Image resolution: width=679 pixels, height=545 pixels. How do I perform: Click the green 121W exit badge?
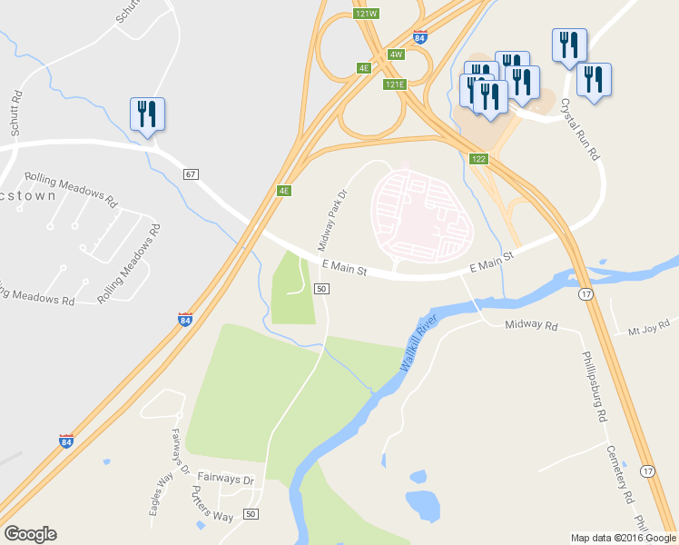(366, 14)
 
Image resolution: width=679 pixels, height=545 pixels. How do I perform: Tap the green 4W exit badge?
(395, 54)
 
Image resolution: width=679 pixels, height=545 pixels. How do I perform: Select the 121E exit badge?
(394, 84)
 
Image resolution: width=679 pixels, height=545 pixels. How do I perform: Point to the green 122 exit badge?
(479, 159)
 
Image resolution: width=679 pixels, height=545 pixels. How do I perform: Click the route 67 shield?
(190, 173)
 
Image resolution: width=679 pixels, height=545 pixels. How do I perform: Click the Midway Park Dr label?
(333, 220)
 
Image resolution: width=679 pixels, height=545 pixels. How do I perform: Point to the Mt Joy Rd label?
(648, 324)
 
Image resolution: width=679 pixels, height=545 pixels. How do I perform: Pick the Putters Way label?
(212, 505)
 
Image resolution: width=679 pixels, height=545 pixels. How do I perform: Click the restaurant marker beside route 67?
(147, 115)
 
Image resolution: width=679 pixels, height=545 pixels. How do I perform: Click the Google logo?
(30, 534)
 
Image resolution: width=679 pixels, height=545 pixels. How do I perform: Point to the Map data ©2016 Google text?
(623, 538)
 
